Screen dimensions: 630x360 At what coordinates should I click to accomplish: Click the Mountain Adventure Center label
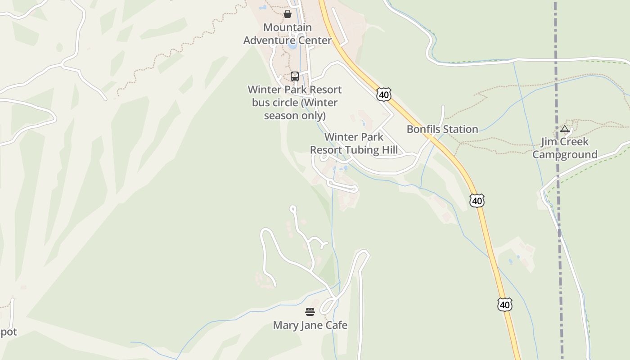pos(288,34)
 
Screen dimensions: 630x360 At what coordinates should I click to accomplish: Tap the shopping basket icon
pos(288,14)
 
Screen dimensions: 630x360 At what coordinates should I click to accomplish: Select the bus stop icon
pos(295,76)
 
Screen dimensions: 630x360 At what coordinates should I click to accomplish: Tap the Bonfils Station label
pos(442,129)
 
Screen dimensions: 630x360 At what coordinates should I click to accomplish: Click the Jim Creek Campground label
pos(565,148)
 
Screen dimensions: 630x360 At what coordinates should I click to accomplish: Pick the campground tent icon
pos(565,130)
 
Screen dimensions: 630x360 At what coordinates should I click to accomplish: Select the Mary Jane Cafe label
pos(310,325)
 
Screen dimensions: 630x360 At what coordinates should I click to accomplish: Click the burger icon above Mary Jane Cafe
pos(310,312)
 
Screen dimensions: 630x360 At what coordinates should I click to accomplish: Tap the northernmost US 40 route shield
pos(384,94)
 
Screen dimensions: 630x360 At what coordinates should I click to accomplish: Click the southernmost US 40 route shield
pos(505,305)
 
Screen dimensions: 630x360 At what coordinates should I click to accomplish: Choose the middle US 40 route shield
pos(477,200)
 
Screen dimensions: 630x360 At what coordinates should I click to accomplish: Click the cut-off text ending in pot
pos(8,333)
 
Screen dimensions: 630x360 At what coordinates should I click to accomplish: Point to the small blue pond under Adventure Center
pos(292,45)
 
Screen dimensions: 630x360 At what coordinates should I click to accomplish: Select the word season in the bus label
pos(280,116)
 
